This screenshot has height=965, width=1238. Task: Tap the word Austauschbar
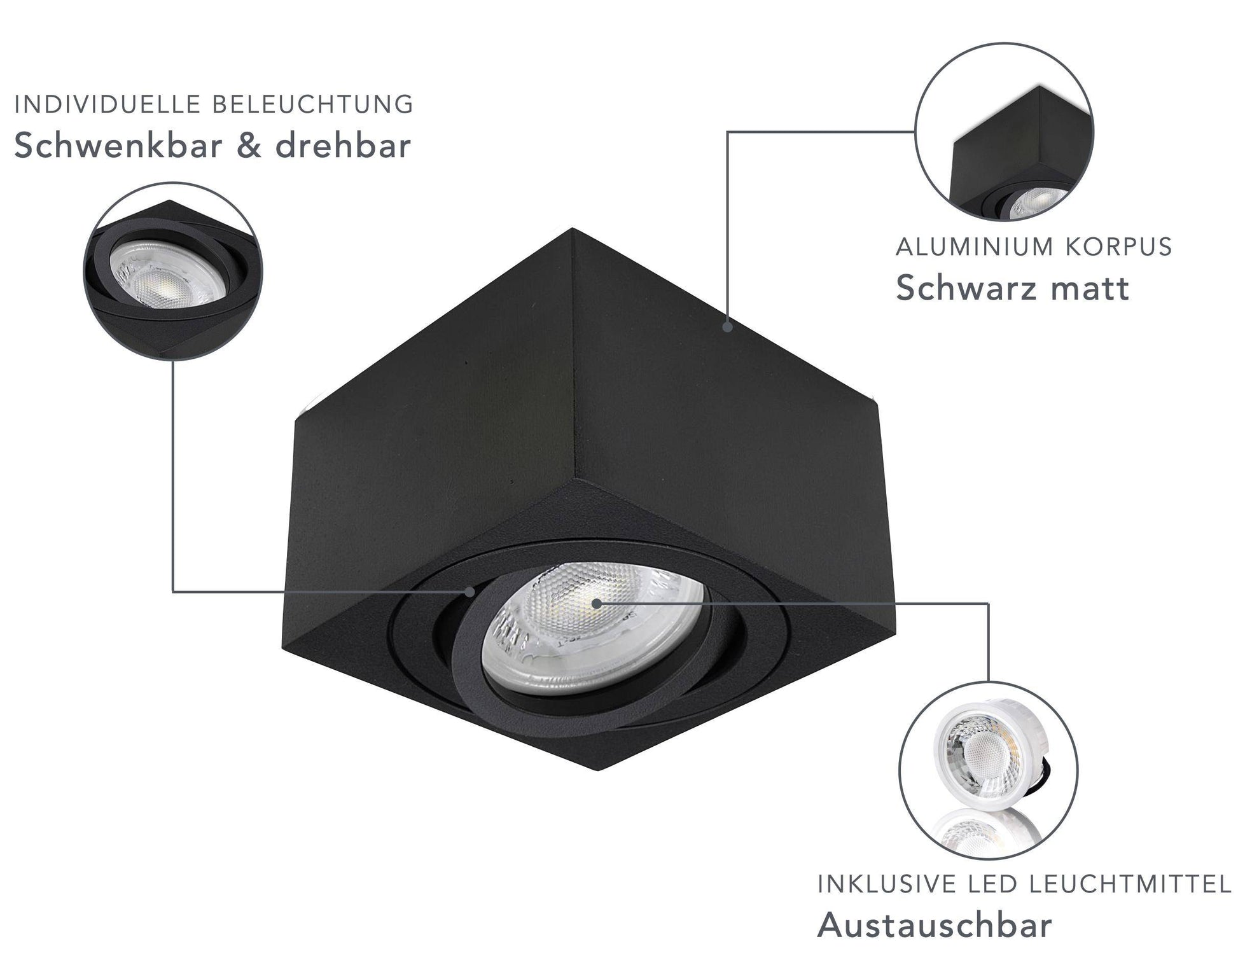coord(935,926)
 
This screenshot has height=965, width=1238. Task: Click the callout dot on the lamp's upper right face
coord(728,326)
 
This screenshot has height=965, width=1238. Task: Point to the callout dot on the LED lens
coord(595,602)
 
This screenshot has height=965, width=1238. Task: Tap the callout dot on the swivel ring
coord(469,592)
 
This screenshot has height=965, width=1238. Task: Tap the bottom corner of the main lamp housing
coord(598,771)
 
